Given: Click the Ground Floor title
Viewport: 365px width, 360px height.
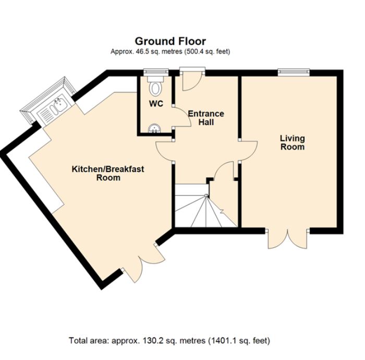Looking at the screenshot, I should pyautogui.click(x=170, y=41).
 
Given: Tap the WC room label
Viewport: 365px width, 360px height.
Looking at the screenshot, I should pyautogui.click(x=156, y=104).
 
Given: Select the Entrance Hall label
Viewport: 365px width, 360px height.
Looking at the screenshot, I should pyautogui.click(x=205, y=118).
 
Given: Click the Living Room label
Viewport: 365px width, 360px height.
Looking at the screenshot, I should pyautogui.click(x=292, y=142).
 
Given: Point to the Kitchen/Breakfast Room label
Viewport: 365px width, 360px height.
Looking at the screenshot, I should pyautogui.click(x=108, y=173).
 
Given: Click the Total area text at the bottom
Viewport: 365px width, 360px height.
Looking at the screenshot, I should pyautogui.click(x=169, y=341).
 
